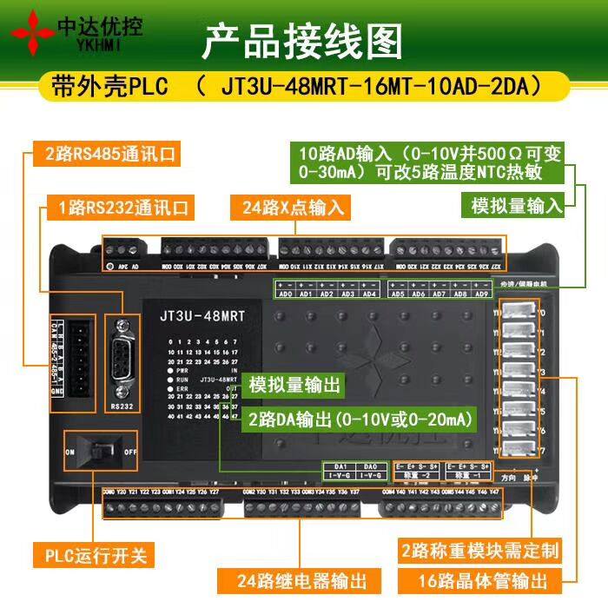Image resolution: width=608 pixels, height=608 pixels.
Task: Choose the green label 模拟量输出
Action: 295,385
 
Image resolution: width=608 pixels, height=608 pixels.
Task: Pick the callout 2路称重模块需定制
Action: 480,551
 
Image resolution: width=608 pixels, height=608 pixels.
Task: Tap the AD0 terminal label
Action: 285,294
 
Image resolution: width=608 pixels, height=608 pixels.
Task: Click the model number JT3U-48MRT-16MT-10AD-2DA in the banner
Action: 380,88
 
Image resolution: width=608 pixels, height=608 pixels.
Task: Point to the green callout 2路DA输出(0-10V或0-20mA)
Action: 360,420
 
